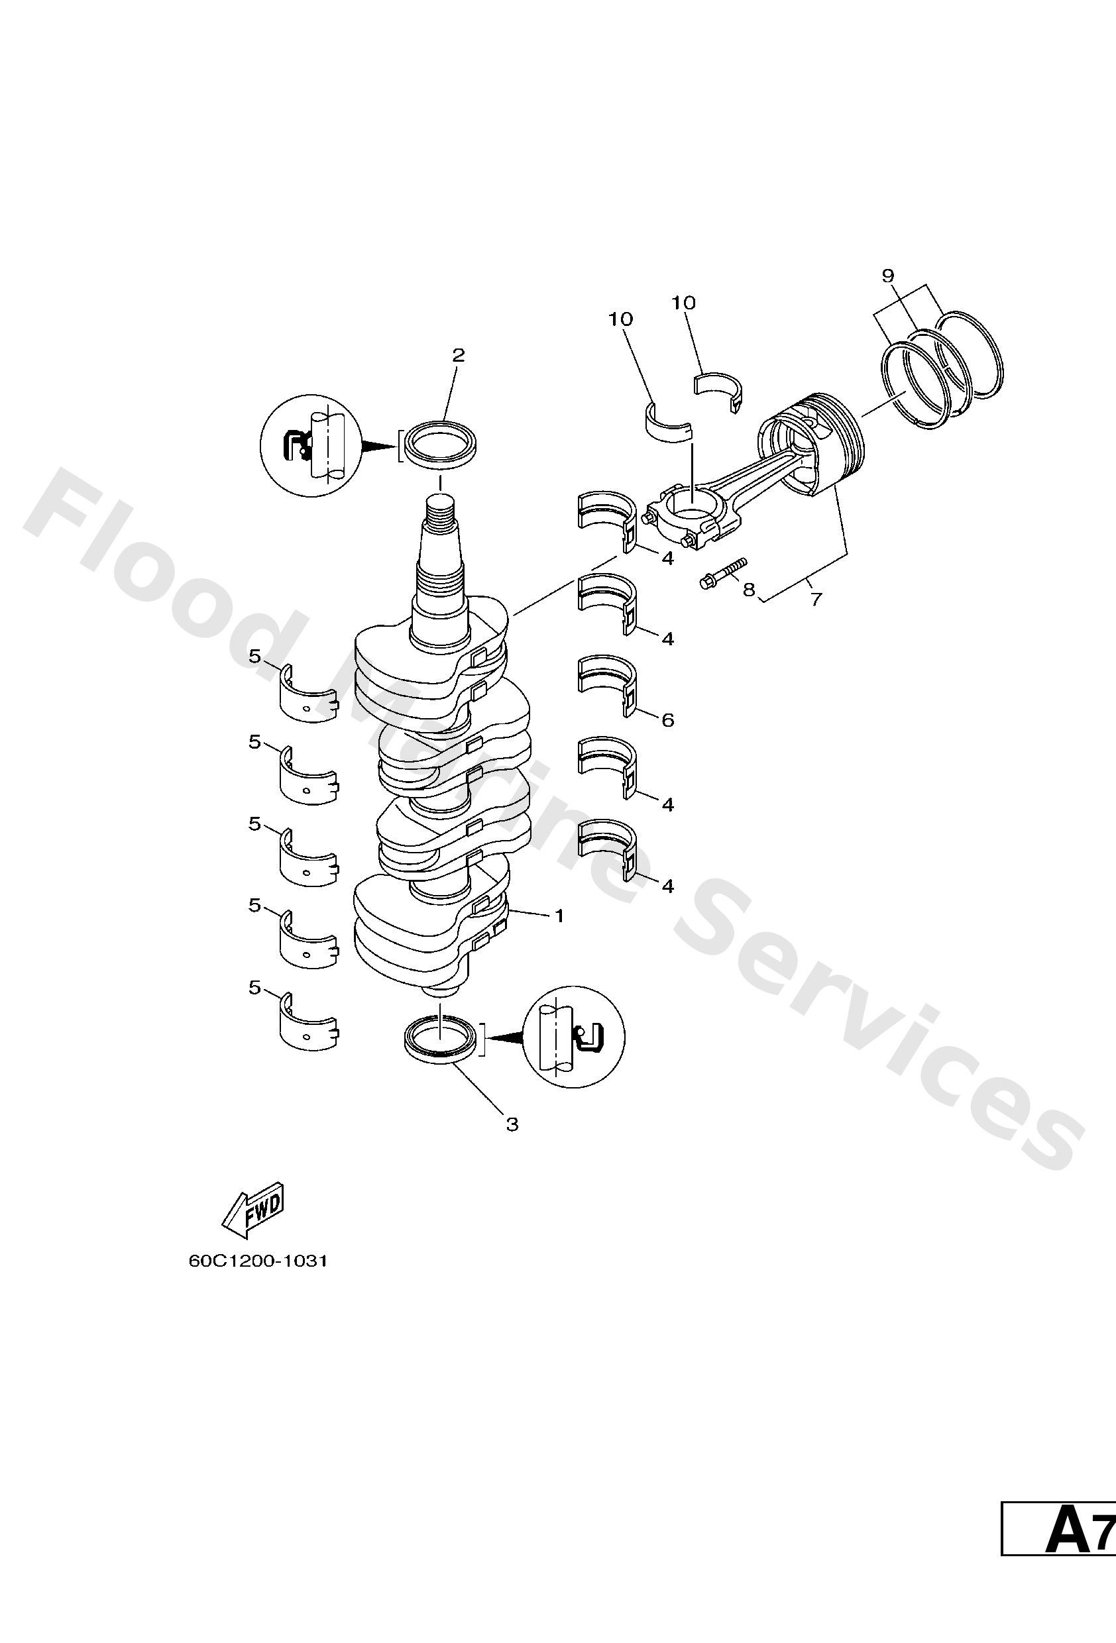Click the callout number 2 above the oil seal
pyautogui.click(x=459, y=356)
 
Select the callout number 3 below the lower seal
pyautogui.click(x=512, y=1124)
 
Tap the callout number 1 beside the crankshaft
pyautogui.click(x=559, y=916)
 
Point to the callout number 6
pyautogui.click(x=667, y=720)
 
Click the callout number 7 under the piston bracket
pyautogui.click(x=816, y=600)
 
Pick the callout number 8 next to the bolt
pyautogui.click(x=749, y=589)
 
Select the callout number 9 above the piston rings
pyautogui.click(x=888, y=276)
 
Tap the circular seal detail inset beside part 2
pyautogui.click(x=310, y=445)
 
